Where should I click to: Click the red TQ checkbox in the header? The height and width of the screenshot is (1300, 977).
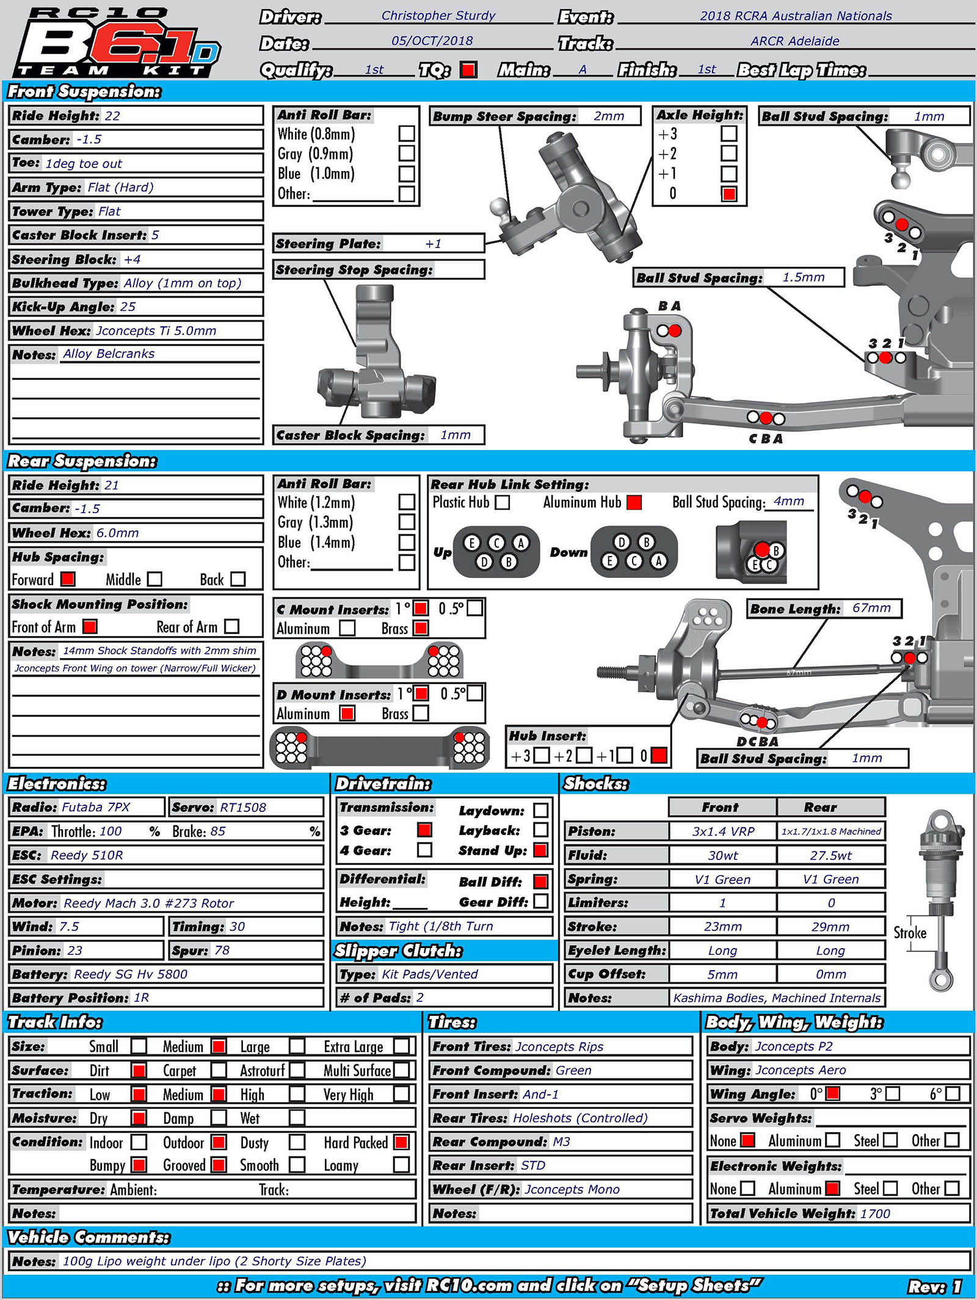pyautogui.click(x=468, y=70)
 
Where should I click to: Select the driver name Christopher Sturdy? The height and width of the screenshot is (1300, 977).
pyautogui.click(x=438, y=16)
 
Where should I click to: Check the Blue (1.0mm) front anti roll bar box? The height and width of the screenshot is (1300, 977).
pyautogui.click(x=407, y=173)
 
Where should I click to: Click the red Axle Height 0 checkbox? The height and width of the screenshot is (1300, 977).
pyautogui.click(x=728, y=194)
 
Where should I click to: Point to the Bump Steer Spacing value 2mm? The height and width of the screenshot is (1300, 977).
pyautogui.click(x=609, y=116)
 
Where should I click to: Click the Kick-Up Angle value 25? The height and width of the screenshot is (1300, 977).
pyautogui.click(x=128, y=307)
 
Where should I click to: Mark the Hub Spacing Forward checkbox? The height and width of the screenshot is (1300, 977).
pyautogui.click(x=68, y=579)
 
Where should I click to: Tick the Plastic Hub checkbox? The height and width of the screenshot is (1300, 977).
pyautogui.click(x=503, y=502)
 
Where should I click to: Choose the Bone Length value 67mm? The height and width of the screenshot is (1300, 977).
pyautogui.click(x=871, y=608)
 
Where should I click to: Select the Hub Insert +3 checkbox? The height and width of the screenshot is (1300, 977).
pyautogui.click(x=542, y=756)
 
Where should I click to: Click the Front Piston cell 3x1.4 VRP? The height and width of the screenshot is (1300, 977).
pyautogui.click(x=723, y=831)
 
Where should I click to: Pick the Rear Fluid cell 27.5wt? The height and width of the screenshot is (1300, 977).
pyautogui.click(x=830, y=855)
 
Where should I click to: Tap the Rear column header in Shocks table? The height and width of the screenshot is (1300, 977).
pyautogui.click(x=820, y=807)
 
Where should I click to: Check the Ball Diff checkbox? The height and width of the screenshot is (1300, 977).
pyautogui.click(x=540, y=882)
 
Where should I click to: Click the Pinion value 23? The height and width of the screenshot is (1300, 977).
pyautogui.click(x=74, y=951)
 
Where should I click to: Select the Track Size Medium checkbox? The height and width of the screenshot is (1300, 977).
pyautogui.click(x=219, y=1046)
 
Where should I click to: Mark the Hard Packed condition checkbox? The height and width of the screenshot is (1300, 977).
pyautogui.click(x=401, y=1142)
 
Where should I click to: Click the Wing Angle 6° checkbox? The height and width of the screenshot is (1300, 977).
pyautogui.click(x=952, y=1094)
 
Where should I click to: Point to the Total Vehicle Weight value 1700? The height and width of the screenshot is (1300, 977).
pyautogui.click(x=875, y=1214)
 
